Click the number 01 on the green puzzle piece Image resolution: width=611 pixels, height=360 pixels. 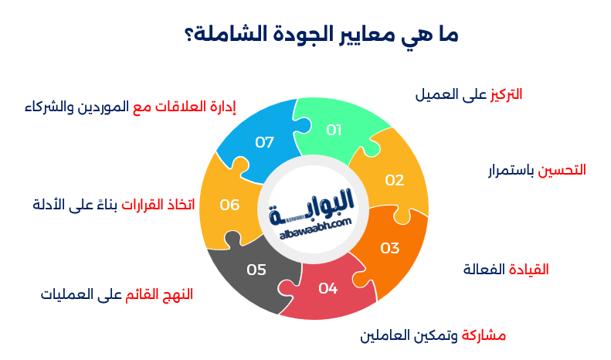click(334, 130)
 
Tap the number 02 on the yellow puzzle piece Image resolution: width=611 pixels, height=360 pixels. click(395, 180)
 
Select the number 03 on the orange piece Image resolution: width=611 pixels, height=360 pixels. click(390, 248)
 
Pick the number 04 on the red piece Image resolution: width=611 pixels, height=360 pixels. click(328, 288)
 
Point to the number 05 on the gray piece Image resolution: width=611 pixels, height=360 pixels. click(256, 270)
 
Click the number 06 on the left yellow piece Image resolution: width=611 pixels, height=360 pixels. click(229, 205)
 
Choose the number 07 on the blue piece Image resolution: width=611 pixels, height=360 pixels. click(265, 142)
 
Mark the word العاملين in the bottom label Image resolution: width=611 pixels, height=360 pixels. click(389, 336)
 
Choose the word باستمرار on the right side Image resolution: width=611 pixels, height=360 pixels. click(502, 169)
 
